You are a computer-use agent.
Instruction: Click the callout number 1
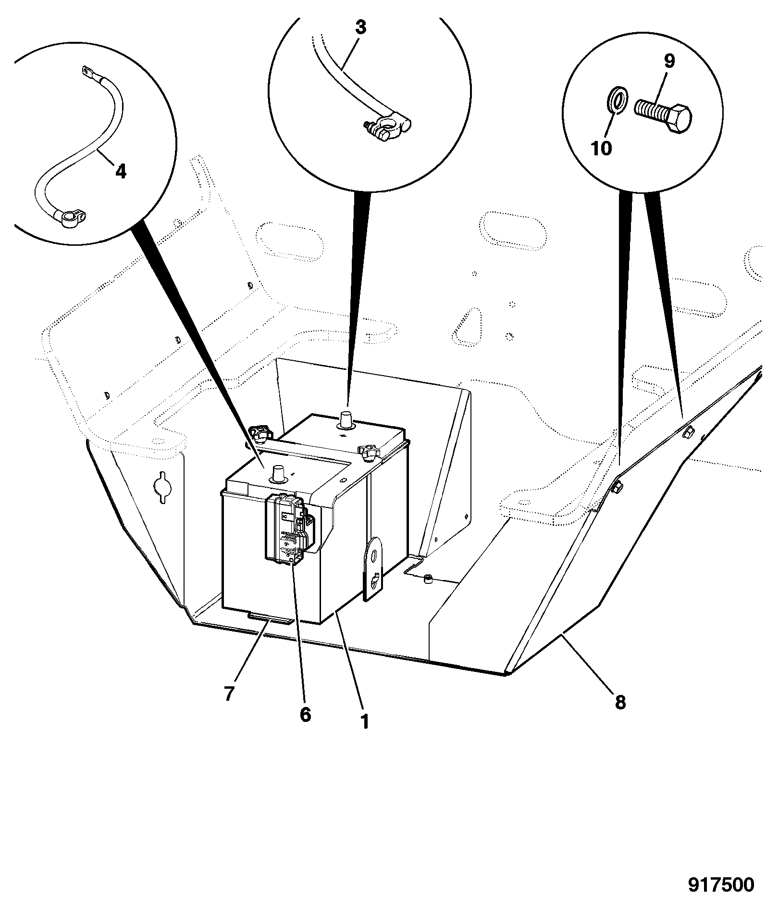365,734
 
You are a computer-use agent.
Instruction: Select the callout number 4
120,171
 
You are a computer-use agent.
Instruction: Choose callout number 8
620,703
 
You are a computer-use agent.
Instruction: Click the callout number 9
669,61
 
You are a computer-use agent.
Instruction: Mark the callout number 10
601,149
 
